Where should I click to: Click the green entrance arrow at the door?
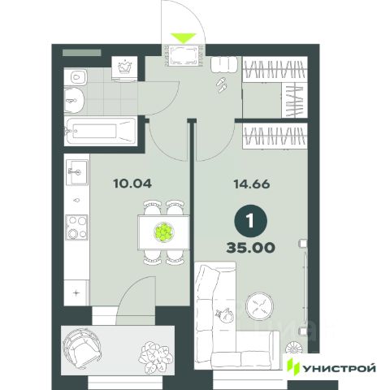click(x=184, y=37)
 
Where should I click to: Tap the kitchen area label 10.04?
click(x=132, y=184)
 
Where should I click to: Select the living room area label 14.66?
click(x=252, y=184)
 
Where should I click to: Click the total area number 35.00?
click(x=251, y=248)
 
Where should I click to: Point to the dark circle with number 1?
click(x=250, y=221)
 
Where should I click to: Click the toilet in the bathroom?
click(x=76, y=76)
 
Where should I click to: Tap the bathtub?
click(x=100, y=132)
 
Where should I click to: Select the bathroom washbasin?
click(x=74, y=101)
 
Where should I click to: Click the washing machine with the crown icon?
click(x=124, y=69)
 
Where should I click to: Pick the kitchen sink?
click(x=77, y=171)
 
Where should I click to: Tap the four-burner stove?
click(x=77, y=227)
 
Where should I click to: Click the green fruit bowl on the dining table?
click(x=164, y=232)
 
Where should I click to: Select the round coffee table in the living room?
click(x=259, y=306)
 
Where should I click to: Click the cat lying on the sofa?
click(x=224, y=315)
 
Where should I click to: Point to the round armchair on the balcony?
click(x=81, y=347)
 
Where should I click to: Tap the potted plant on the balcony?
click(x=156, y=357)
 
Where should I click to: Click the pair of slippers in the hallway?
click(x=221, y=84)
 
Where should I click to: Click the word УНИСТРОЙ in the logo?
click(x=339, y=368)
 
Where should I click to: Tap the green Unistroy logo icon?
click(x=293, y=366)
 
